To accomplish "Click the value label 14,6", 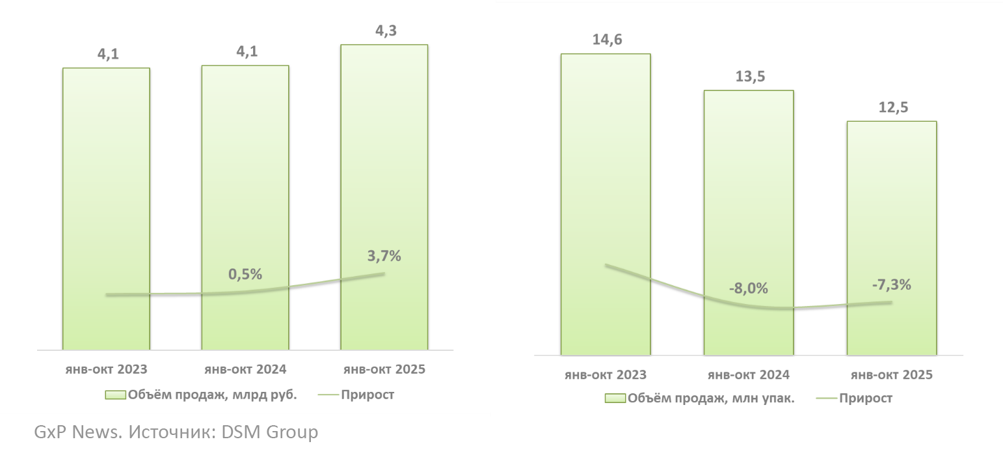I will pos(606,40).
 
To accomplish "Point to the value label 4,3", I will pos(384,31).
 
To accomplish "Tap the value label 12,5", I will pos(892,107).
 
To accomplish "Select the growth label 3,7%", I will pos(384,256).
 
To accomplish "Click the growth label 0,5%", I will pos(245,274).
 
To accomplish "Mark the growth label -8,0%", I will pos(748,288).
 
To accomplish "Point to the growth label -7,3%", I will pos(891,285).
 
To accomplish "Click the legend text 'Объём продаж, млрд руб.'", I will pos(212,395).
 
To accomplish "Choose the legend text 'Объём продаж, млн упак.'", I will pos(711,398).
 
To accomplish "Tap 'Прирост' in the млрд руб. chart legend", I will pos(367,395).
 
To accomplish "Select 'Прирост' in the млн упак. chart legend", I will pos(865,398).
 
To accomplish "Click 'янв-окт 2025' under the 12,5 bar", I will pos(891,375).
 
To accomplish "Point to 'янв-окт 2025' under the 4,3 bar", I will pos(384,369).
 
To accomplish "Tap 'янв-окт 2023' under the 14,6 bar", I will pos(606,375).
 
